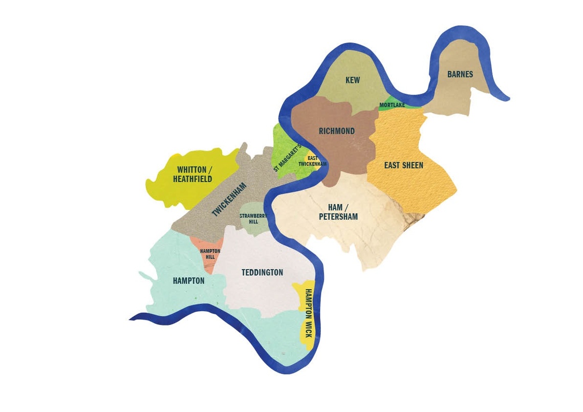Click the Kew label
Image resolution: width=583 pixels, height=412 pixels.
click(353, 80)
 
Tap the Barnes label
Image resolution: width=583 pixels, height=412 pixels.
click(460, 75)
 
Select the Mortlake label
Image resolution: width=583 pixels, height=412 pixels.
click(392, 105)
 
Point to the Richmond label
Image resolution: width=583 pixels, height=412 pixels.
click(337, 131)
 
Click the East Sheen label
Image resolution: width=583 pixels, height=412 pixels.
click(404, 165)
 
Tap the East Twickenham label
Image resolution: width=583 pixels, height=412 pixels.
click(313, 161)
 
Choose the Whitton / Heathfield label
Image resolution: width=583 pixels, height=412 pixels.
click(192, 175)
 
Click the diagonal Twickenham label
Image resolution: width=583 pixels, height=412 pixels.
click(229, 200)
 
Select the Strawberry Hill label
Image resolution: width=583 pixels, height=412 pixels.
click(253, 219)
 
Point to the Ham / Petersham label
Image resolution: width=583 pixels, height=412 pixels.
click(338, 212)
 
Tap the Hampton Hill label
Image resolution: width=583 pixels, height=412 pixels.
click(210, 254)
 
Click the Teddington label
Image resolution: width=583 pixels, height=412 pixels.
click(262, 273)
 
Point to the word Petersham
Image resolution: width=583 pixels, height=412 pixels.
click(338, 217)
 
